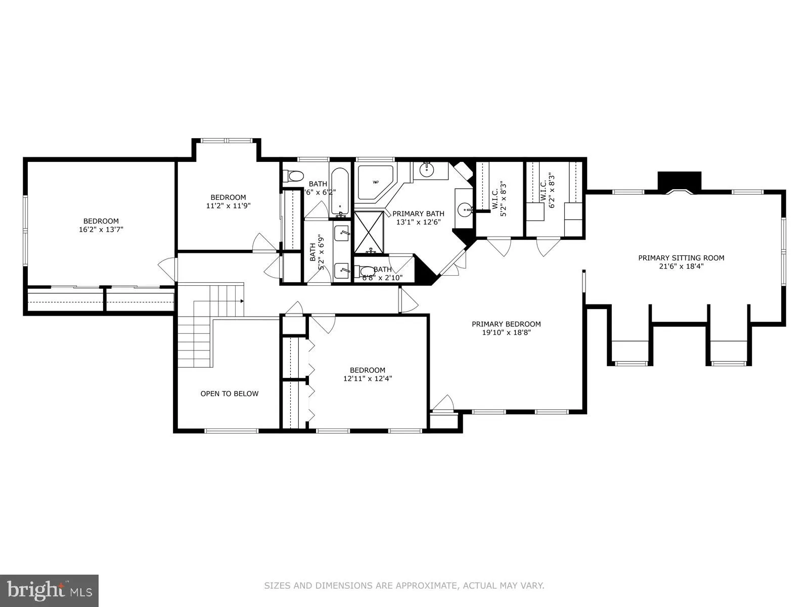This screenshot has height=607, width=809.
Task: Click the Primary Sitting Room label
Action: click(681, 258)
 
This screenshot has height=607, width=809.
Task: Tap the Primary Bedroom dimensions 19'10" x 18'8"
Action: click(506, 332)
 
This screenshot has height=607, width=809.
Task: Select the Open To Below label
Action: click(229, 394)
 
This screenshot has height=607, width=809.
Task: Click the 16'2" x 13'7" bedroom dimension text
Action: click(101, 229)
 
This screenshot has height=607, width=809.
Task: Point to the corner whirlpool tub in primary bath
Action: click(375, 182)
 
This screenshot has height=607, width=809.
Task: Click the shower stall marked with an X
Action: click(369, 232)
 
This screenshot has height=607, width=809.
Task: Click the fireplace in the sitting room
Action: click(679, 183)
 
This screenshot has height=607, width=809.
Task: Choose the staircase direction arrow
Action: click(242, 301)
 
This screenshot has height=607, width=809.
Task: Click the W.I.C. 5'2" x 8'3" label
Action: click(499, 199)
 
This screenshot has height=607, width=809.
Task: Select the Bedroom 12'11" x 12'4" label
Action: click(368, 374)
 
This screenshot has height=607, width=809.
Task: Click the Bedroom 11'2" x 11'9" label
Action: click(228, 201)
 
